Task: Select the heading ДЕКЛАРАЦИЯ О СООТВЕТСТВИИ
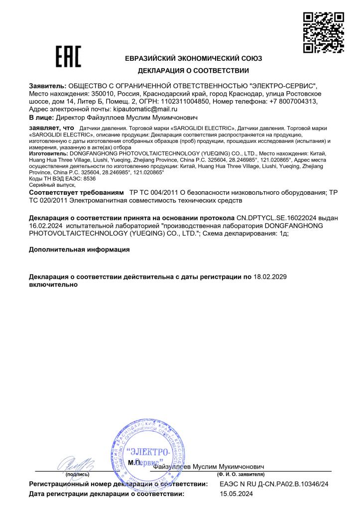coord(193,71)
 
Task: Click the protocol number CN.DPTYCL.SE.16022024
coord(278,218)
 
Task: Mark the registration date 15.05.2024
coord(237,494)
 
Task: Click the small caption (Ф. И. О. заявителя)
coord(241,475)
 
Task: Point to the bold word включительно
coord(53,284)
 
